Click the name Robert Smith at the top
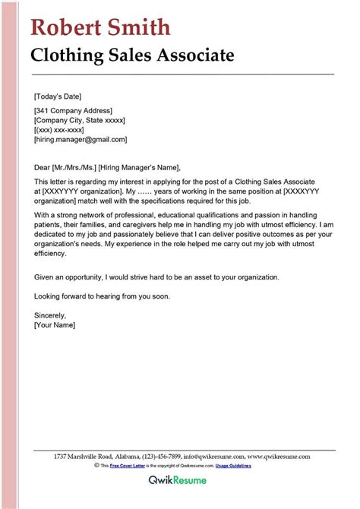point(100,28)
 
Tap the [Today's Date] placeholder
point(58,96)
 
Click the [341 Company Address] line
point(73,111)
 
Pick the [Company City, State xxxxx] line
point(79,120)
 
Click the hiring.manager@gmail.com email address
point(81,140)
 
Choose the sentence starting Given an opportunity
point(161,277)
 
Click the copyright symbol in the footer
point(97,465)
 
